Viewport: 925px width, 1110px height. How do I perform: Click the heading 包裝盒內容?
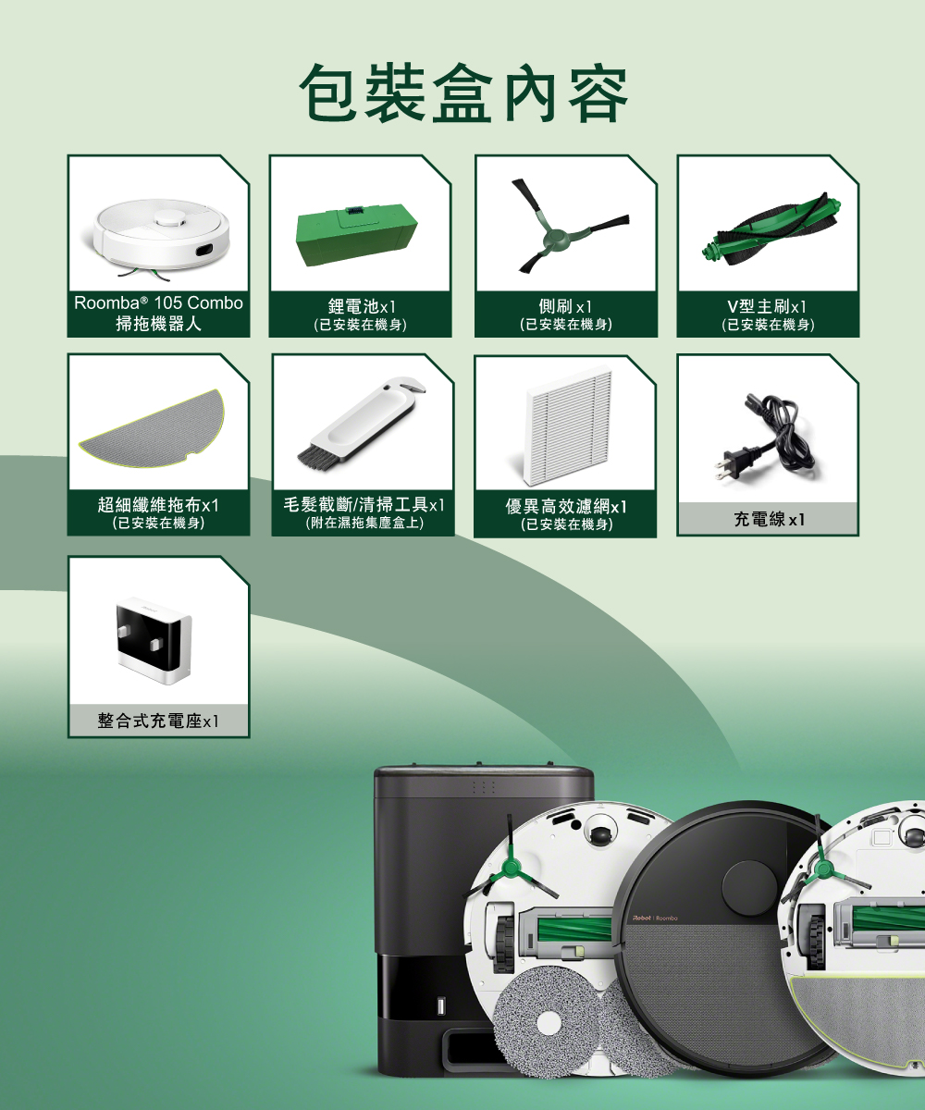tap(463, 93)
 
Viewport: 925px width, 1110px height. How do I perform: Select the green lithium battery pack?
tap(357, 236)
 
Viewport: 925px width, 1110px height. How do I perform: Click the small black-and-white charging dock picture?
tap(154, 641)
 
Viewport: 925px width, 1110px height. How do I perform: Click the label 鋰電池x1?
tap(362, 306)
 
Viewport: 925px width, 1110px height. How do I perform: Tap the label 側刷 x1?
tap(565, 306)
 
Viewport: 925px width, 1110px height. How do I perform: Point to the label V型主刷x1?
tap(767, 306)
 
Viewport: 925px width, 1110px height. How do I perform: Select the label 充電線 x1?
tap(769, 519)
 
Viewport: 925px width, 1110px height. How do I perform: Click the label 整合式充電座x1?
tap(158, 721)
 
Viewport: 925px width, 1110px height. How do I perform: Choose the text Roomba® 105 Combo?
tap(158, 302)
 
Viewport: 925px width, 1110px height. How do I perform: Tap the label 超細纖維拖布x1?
tap(158, 504)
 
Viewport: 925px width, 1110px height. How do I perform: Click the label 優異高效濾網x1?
tap(566, 506)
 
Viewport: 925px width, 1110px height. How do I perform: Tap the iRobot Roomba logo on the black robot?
tap(655, 919)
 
